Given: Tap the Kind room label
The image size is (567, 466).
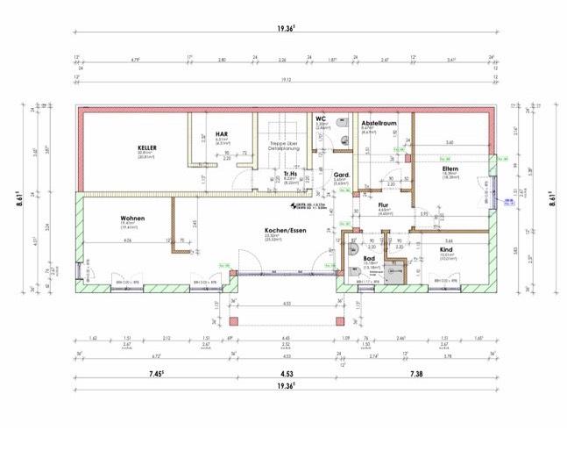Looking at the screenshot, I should click(x=446, y=249).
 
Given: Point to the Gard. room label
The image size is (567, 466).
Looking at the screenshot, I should click(x=343, y=175).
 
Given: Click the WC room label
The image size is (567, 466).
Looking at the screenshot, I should click(x=321, y=118).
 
